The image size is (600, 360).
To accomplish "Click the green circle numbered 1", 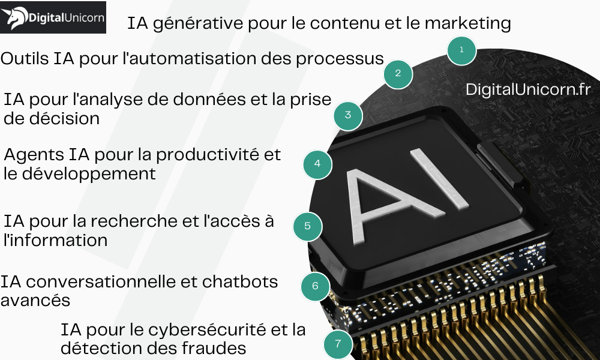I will (x=461, y=50).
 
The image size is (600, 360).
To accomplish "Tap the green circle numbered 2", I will (x=398, y=74).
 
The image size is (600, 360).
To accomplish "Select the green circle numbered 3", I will (x=348, y=115).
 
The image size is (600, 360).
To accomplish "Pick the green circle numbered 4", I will (x=317, y=163).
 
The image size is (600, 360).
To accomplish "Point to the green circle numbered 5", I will (x=307, y=226).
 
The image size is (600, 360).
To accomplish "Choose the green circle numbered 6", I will (x=315, y=286).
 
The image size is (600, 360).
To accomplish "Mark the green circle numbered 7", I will (x=338, y=344).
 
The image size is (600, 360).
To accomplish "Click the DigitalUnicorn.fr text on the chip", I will (x=528, y=89).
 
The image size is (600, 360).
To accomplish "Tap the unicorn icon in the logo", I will (x=14, y=18).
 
